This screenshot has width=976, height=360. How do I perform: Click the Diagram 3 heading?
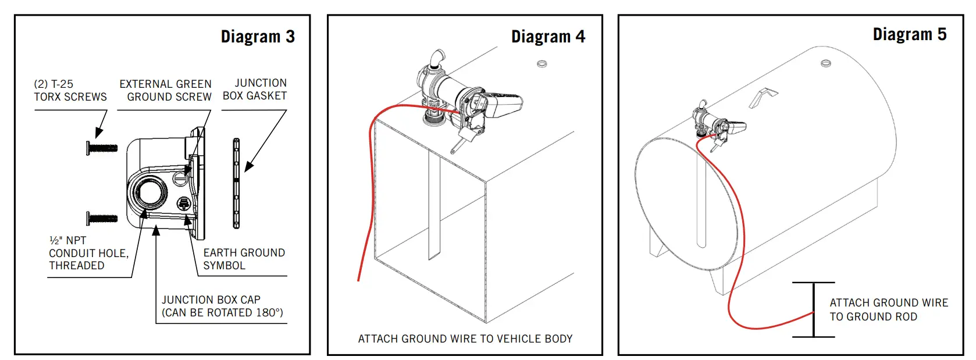click(x=258, y=37)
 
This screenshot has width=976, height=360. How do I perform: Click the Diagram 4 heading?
click(x=548, y=37)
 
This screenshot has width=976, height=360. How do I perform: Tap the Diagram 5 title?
click(x=910, y=34)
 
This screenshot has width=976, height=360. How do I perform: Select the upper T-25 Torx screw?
click(x=102, y=148)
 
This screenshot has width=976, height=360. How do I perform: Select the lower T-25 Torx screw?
click(x=102, y=219)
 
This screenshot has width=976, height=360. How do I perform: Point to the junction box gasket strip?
click(x=236, y=183)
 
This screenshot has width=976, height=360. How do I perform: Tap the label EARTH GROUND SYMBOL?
click(x=244, y=259)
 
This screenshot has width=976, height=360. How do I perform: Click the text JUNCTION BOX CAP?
click(x=211, y=300)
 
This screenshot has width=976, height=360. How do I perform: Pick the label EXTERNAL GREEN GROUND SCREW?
click(x=166, y=90)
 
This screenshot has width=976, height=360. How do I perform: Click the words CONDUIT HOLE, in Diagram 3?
click(x=88, y=253)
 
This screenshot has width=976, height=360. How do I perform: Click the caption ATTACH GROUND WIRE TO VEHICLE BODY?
click(x=465, y=338)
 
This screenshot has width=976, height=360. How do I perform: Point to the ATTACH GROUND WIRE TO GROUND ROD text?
click(x=888, y=309)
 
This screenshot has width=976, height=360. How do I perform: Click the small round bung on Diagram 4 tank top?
click(x=542, y=63)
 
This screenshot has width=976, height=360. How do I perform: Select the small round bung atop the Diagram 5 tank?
click(x=825, y=63)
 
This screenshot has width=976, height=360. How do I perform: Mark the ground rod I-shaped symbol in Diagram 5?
click(x=814, y=309)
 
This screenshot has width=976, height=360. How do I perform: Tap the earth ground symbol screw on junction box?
click(x=183, y=204)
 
